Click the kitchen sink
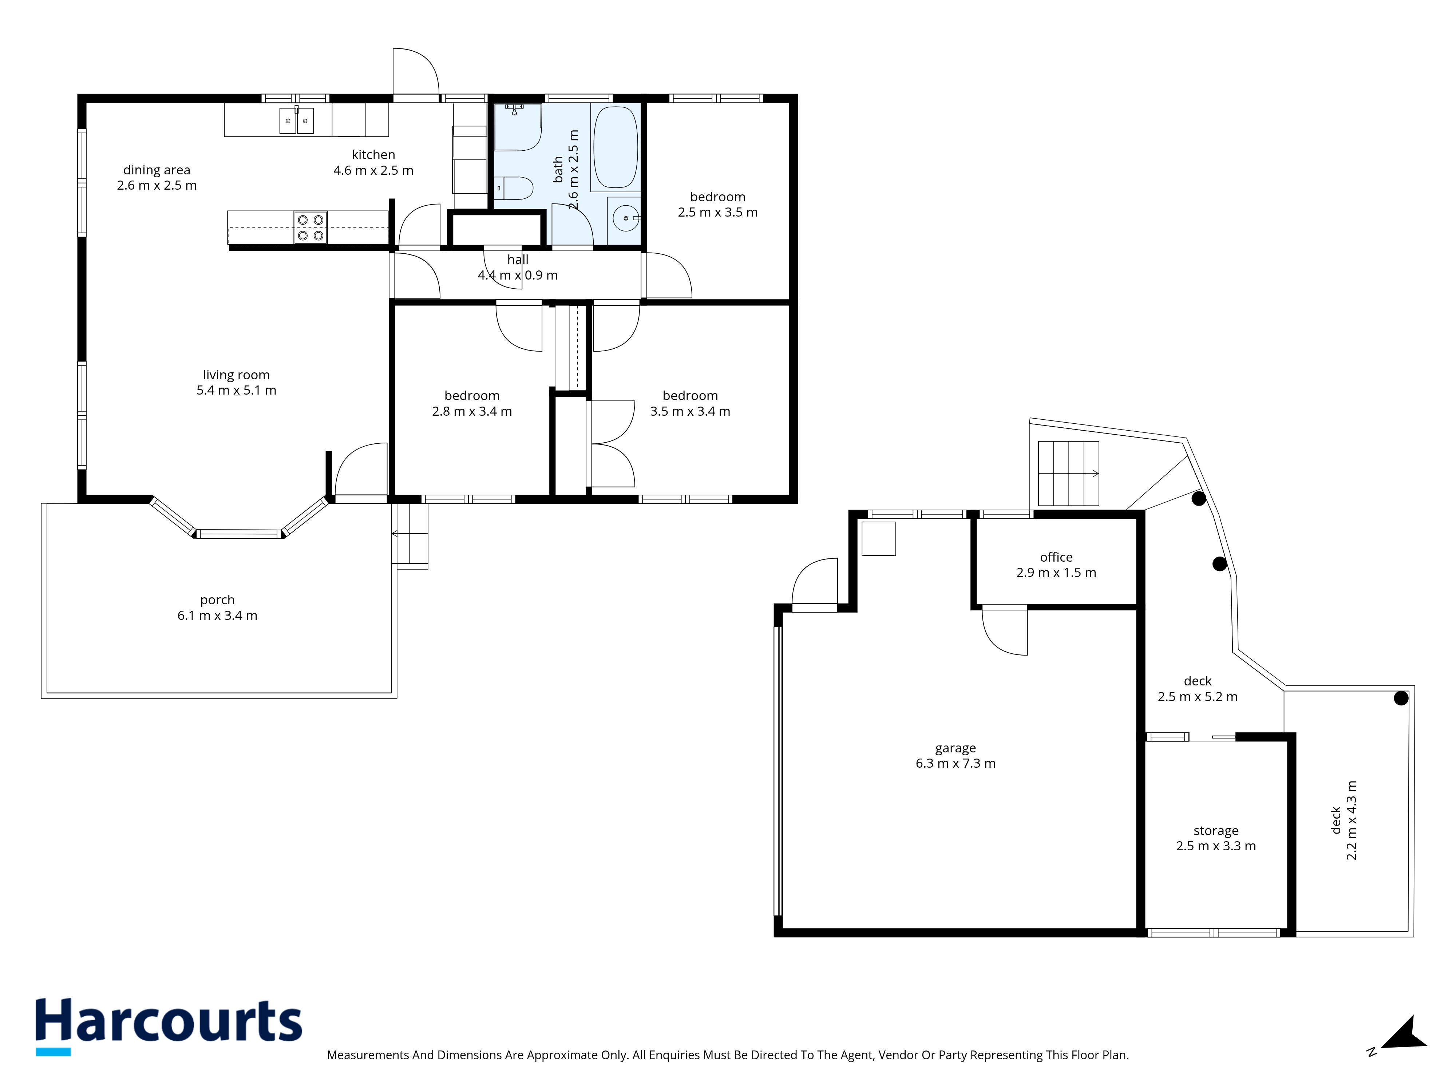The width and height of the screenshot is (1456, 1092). pyautogui.click(x=296, y=120)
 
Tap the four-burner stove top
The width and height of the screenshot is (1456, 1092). pyautogui.click(x=310, y=227)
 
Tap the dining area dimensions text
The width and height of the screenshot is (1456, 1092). pyautogui.click(x=157, y=186)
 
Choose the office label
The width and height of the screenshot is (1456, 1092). pyautogui.click(x=1056, y=557)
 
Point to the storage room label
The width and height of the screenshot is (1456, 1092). pyautogui.click(x=1216, y=831)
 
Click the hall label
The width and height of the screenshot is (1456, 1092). pyautogui.click(x=517, y=259)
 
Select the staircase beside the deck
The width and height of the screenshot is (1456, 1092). pyautogui.click(x=1068, y=473)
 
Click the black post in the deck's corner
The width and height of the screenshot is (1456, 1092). pyautogui.click(x=1401, y=698)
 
